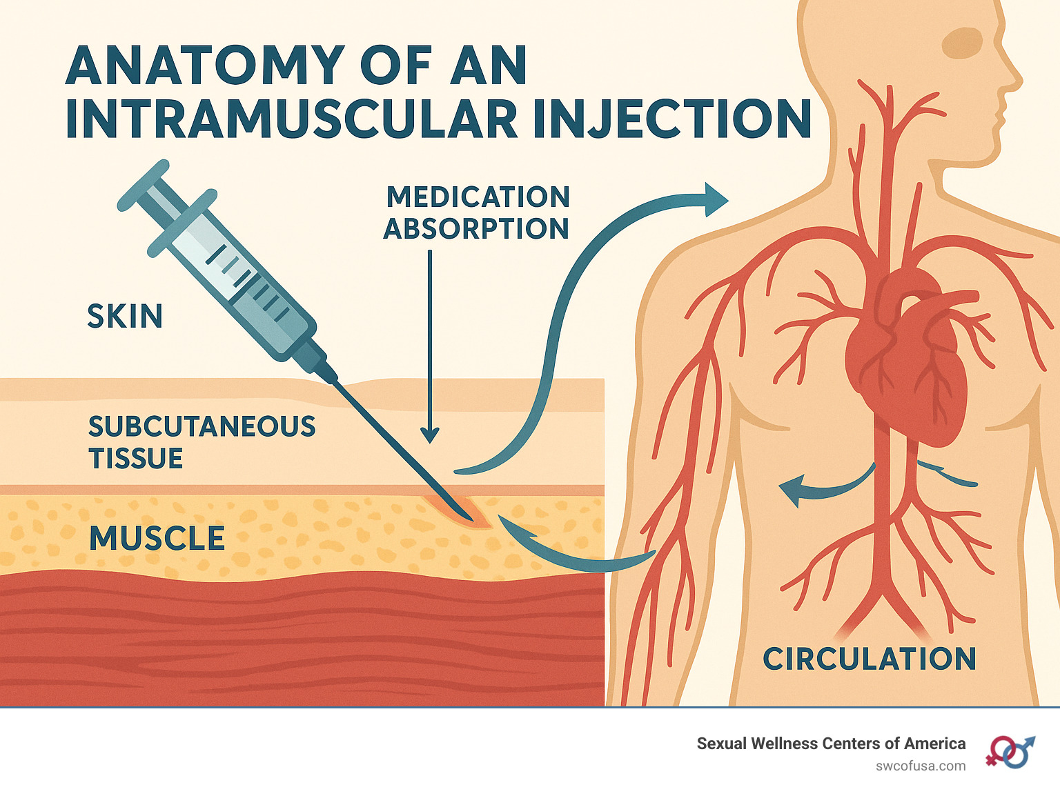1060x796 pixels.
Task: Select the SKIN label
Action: [125, 317]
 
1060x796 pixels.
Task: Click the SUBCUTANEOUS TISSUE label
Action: [202, 442]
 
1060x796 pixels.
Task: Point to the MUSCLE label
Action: [157, 539]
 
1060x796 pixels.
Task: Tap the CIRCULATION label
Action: [869, 659]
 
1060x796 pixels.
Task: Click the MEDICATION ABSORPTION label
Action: [477, 212]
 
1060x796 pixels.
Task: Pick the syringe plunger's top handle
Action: [143, 185]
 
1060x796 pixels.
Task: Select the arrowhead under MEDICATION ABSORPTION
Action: [430, 435]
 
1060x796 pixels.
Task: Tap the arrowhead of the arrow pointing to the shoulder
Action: [717, 200]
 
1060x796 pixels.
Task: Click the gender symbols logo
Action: [1010, 751]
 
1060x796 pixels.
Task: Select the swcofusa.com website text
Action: [921, 766]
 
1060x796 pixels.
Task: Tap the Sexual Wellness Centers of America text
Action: [831, 744]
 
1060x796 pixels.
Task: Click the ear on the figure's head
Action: [961, 42]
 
